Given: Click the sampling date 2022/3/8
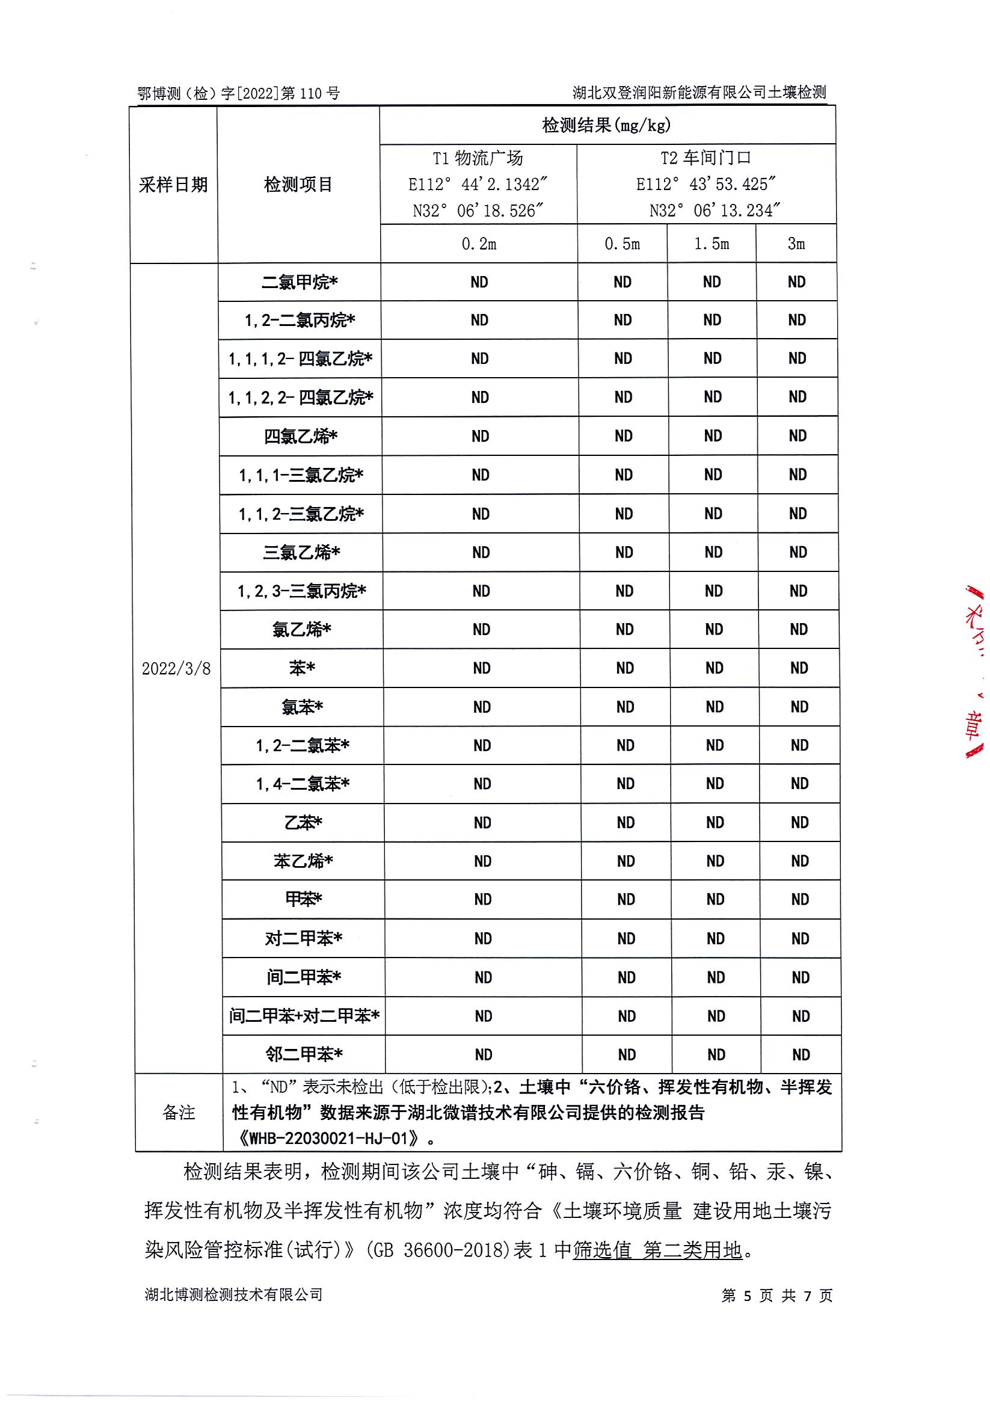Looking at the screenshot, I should point(176,669).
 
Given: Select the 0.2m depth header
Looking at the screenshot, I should point(479,244).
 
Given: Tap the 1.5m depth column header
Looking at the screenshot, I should point(712,244).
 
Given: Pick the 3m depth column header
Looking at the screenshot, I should point(796,244).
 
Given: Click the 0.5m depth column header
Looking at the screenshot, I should point(623,244).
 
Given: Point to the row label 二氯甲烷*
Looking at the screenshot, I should point(300,282).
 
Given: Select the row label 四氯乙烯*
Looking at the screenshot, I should point(301,437).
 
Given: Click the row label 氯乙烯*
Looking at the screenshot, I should point(302,630).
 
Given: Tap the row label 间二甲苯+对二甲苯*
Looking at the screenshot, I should point(304,1016).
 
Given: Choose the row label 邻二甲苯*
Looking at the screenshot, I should point(304,1054).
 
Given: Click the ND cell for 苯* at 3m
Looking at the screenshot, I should point(799,668).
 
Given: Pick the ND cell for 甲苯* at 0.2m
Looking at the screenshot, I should point(482,899).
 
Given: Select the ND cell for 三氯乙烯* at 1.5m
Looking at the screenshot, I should point(713,553).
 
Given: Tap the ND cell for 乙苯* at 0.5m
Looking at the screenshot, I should point(626,823).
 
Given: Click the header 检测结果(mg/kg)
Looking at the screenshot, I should point(606,125).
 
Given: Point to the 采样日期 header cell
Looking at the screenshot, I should point(173,185).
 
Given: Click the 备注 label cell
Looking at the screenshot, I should point(179,1113).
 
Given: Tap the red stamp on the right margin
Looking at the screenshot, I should point(974,672).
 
